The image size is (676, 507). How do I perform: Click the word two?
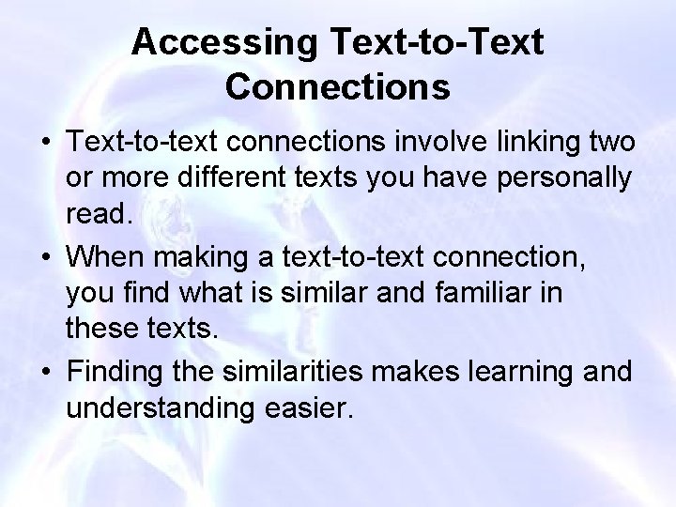[613, 146]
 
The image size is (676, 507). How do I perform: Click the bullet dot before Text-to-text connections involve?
[44, 146]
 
